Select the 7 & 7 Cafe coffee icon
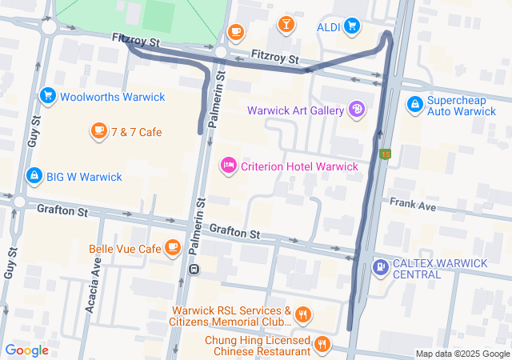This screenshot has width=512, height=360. coord(98,131)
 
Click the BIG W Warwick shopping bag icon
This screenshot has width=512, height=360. coord(34,176)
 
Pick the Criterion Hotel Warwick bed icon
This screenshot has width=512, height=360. coord(228,166)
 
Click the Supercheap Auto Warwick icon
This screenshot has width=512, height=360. coord(414,104)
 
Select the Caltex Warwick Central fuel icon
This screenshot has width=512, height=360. coord(381,267)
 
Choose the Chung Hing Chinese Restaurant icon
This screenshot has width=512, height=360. coord(322,345)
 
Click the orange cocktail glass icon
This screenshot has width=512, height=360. coord(286,25)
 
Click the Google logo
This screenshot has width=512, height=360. coord(26,350)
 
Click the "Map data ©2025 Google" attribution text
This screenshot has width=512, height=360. coord(462,354)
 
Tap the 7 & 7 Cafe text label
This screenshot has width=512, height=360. coord(137,131)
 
